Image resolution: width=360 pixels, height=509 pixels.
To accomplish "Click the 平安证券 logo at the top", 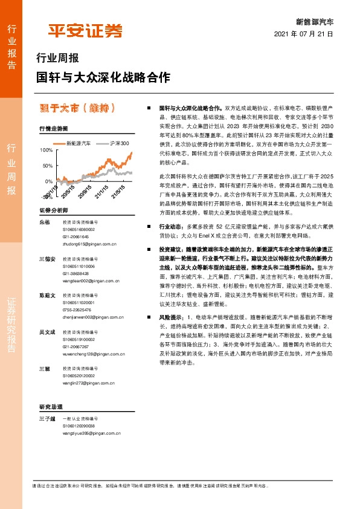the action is tap(85, 30).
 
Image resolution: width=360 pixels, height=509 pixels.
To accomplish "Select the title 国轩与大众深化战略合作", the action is tap(103, 78).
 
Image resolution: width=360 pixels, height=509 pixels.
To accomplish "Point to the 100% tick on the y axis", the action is tap(46, 149).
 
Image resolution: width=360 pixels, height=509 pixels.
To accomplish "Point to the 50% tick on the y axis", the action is tap(48, 165).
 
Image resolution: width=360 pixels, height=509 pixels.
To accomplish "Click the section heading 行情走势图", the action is tap(54, 129).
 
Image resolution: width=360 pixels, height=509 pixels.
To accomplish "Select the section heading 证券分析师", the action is tap(54, 210).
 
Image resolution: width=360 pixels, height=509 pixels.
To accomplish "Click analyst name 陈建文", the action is tap(47, 296).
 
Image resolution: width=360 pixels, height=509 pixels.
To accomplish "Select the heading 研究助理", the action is tap(51, 406).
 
